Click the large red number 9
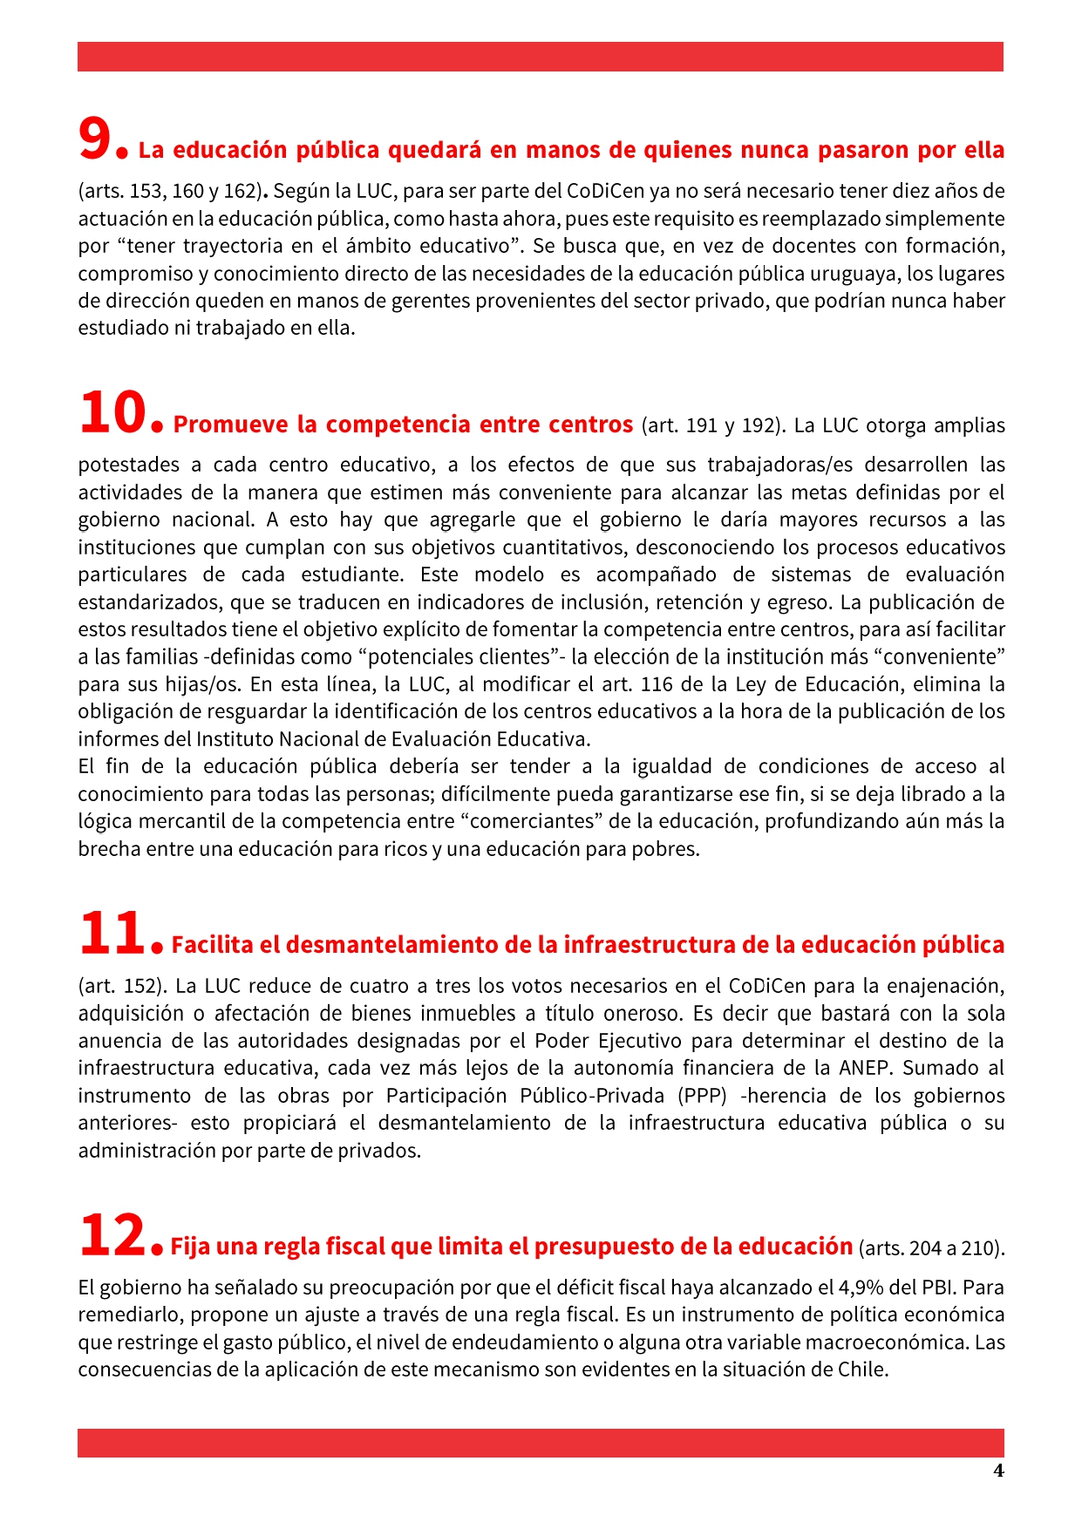coord(96,139)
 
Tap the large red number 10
coord(112,413)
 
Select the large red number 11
coord(112,933)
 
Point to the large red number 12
coord(112,1235)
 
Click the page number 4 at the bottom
coord(998,1471)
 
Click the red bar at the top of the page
coord(541,57)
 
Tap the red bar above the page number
coord(541,1443)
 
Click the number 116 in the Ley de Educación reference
coord(657,684)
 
